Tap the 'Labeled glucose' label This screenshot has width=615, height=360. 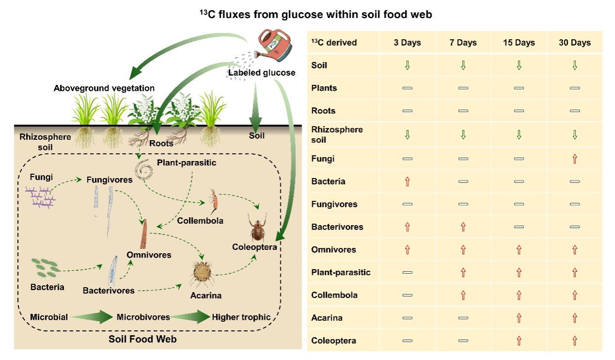261,73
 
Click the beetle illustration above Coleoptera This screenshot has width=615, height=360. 257,228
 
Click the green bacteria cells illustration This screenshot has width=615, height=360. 45,266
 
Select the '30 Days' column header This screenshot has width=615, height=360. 574,43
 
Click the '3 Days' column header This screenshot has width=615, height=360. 407,43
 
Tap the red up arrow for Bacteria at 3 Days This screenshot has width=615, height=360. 407,181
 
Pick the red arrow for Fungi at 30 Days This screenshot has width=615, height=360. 575,159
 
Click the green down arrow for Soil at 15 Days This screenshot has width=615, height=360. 519,65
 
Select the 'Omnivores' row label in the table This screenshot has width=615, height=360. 333,249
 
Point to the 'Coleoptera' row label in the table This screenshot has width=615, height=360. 333,341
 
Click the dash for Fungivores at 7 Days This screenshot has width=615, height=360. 463,204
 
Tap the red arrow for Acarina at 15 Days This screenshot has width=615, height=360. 519,318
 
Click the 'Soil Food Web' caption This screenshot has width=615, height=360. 143,339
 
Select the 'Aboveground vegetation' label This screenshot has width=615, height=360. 104,88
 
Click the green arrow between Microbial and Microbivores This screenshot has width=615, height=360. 92,317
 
